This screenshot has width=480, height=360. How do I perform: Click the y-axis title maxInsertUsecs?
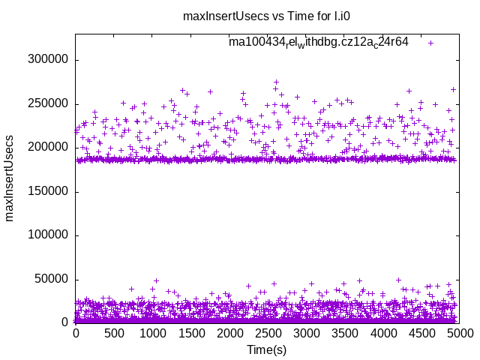pyautogui.click(x=10, y=178)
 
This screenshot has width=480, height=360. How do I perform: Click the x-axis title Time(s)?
pyautogui.click(x=267, y=349)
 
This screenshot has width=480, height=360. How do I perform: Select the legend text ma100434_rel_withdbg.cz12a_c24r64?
pyautogui.click(x=319, y=43)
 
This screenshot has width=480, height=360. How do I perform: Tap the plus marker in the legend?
pyautogui.click(x=430, y=43)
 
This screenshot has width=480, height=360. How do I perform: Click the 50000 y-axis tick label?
pyautogui.click(x=52, y=279)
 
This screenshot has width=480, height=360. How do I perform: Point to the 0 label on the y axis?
pyautogui.click(x=65, y=322)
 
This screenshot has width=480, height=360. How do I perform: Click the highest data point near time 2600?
pyautogui.click(x=276, y=82)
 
